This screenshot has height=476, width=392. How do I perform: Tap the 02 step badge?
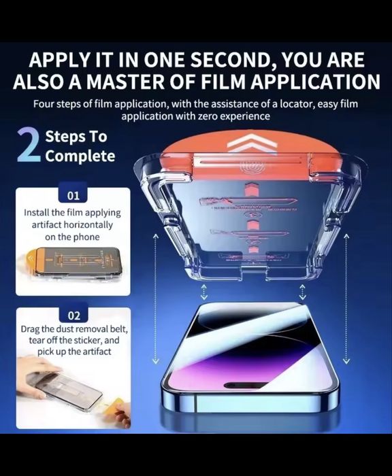point(73,316)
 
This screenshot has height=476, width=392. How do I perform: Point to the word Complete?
point(80,156)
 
